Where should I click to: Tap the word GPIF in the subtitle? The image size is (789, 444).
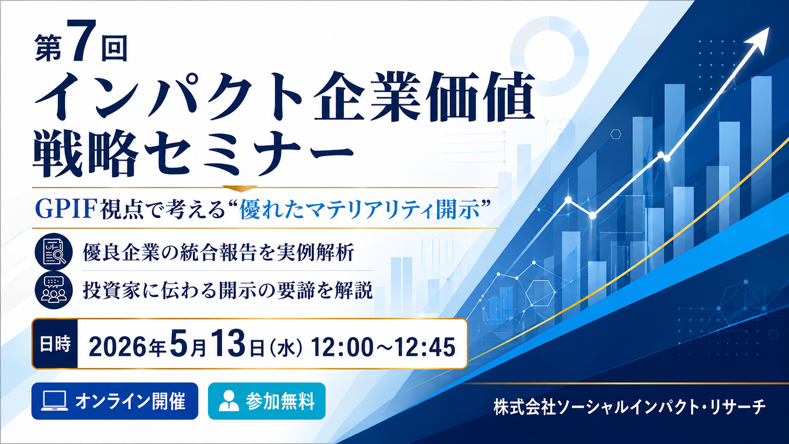66,209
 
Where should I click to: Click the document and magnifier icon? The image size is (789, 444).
53,251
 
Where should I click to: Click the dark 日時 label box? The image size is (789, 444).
55,344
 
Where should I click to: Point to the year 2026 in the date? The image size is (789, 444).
118,347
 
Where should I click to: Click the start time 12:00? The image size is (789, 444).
342,347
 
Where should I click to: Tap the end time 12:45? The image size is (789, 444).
424,347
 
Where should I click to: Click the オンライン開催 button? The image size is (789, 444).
115,401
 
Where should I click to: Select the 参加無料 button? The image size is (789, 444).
267,401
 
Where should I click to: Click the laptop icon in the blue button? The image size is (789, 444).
55,401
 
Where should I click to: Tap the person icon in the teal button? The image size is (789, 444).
229,401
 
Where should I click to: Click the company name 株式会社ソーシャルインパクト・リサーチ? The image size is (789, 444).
630,407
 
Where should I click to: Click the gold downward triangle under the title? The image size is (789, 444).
240,189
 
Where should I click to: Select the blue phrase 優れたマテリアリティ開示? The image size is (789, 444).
360,209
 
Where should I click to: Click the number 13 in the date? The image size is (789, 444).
228,343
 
